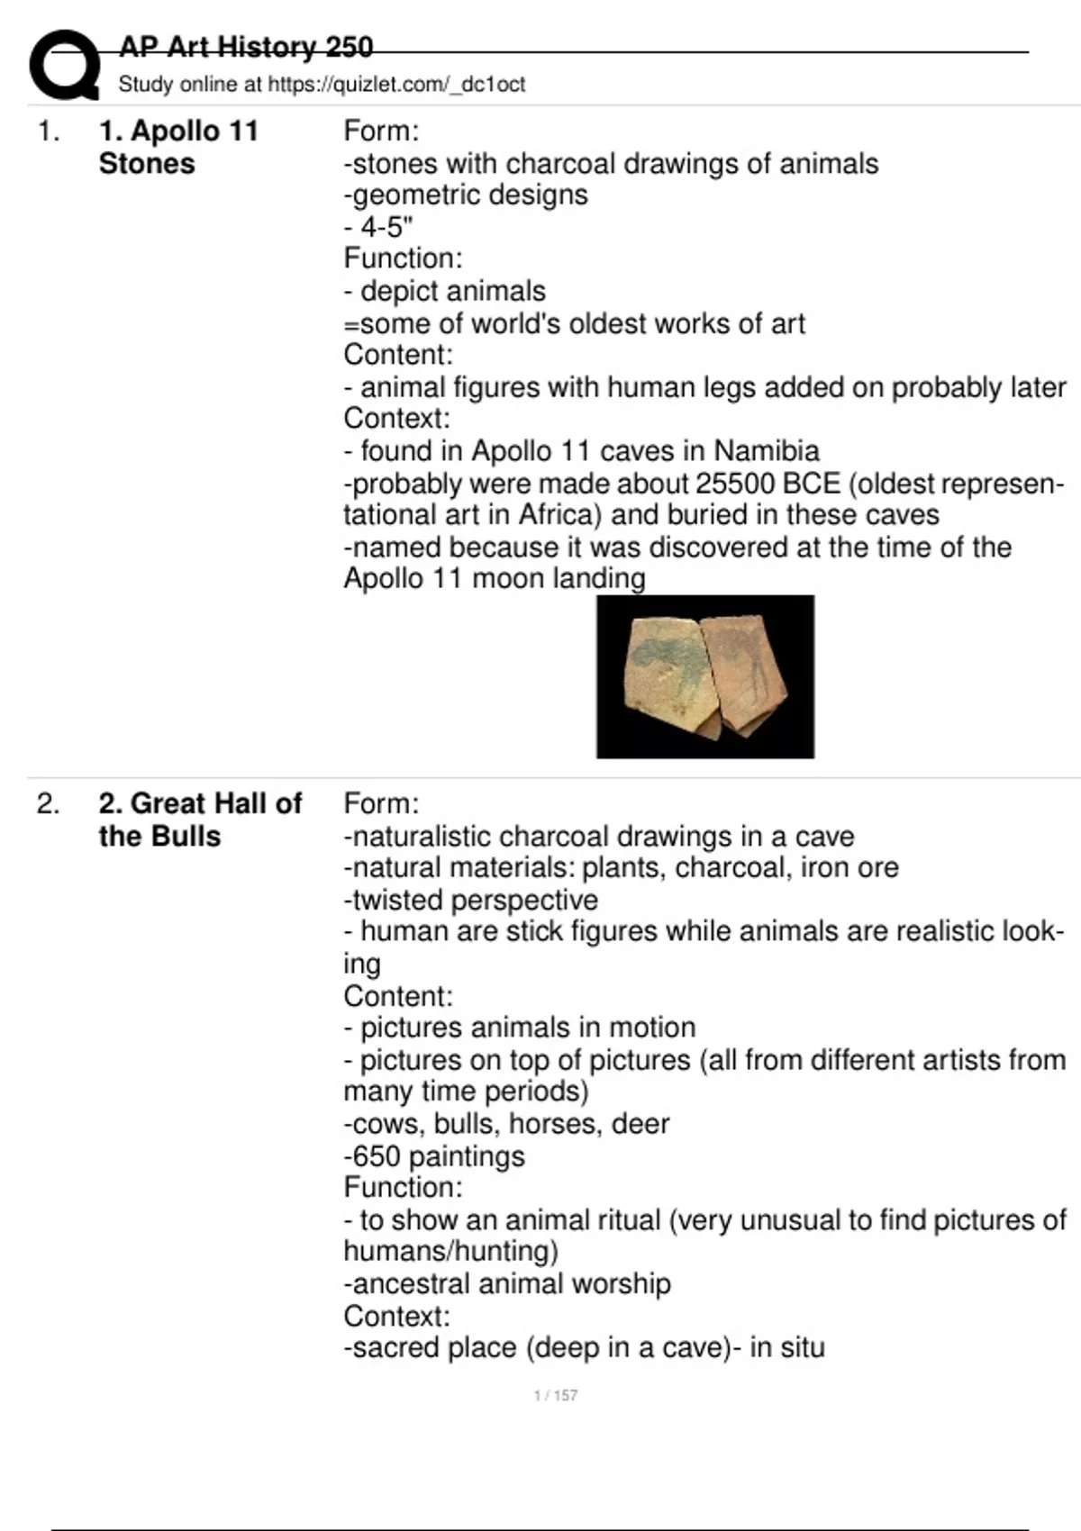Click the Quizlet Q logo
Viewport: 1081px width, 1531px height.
(x=64, y=65)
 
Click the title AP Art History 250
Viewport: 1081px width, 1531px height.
(x=245, y=47)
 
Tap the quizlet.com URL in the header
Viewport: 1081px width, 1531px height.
(x=396, y=85)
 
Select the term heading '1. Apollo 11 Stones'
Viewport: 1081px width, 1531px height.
(x=178, y=147)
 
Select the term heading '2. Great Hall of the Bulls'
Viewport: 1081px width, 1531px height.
(x=200, y=820)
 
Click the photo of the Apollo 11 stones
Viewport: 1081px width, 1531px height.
(x=704, y=676)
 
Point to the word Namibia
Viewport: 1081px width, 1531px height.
(x=767, y=450)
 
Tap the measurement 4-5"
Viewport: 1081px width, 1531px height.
(x=386, y=227)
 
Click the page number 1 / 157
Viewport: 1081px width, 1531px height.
(x=555, y=1395)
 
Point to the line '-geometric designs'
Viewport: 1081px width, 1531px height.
(x=466, y=195)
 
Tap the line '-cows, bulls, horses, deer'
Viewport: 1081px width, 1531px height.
(x=506, y=1124)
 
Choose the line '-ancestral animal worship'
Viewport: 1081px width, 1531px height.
(x=507, y=1283)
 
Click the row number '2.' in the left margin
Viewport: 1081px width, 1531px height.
(x=49, y=803)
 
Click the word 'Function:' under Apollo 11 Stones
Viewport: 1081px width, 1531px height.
(x=403, y=258)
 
